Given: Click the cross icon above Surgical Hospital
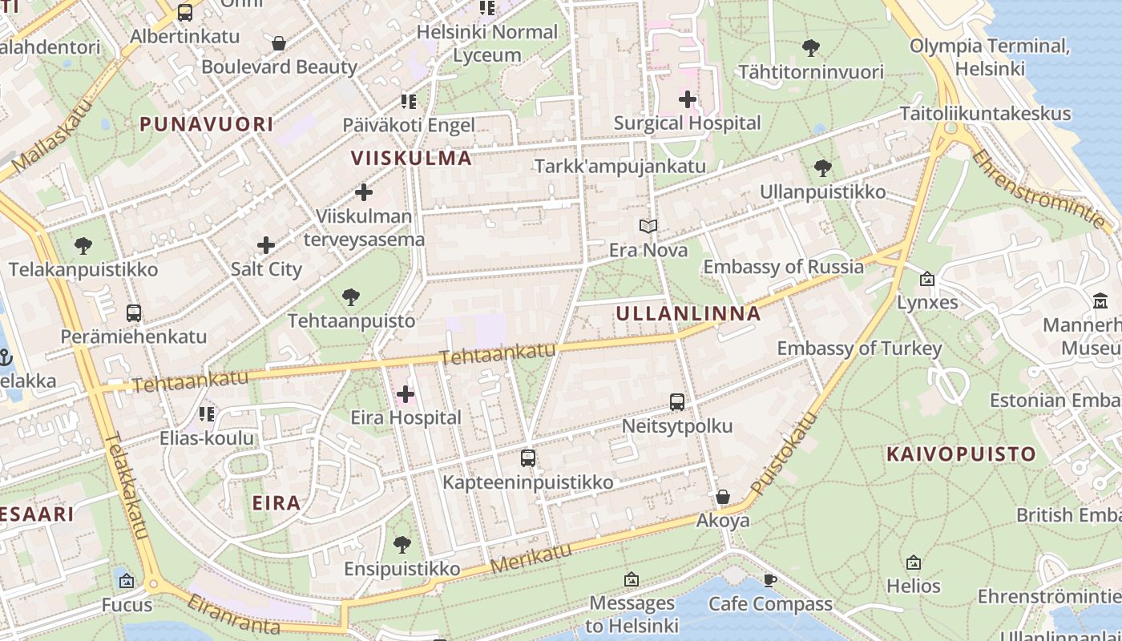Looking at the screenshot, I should [687, 99].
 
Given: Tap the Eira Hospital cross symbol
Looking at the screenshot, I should [406, 393].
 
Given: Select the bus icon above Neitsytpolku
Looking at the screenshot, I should [677, 401].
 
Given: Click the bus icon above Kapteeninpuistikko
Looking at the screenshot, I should [527, 458].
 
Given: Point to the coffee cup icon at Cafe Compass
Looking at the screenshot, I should [770, 580].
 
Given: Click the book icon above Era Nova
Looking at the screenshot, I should [648, 227].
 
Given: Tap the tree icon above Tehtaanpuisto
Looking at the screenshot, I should [350, 297].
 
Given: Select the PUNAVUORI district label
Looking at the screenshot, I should [207, 124].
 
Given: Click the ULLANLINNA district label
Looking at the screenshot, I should [688, 314].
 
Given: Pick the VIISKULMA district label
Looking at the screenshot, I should [411, 158].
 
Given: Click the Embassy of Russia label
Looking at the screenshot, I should [783, 267].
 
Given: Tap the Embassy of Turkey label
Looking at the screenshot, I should [859, 349].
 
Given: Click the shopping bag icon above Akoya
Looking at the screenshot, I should [722, 497].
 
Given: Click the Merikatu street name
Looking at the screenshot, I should [531, 557].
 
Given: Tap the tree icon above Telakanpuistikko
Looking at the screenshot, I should [83, 246].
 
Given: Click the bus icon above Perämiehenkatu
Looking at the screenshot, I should [134, 313].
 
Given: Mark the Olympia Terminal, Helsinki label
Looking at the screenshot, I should [990, 57].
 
